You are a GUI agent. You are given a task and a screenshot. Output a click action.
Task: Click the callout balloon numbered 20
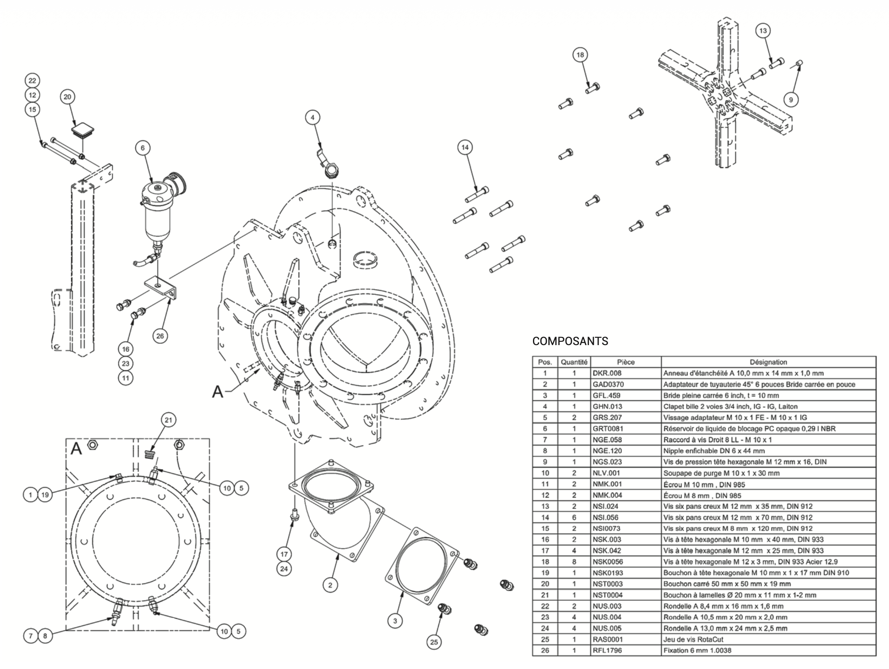tap(68, 97)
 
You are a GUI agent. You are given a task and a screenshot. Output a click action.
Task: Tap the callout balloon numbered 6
tap(143, 148)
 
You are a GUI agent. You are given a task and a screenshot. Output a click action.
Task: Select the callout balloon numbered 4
tap(313, 117)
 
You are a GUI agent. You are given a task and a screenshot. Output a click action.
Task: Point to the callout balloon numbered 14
tap(465, 147)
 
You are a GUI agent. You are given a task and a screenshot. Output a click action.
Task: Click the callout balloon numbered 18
tap(580, 55)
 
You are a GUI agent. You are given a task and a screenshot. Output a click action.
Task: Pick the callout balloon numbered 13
tap(763, 31)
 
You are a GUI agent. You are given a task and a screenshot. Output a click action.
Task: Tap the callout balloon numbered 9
tap(791, 99)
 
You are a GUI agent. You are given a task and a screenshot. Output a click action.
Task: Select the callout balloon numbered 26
tap(160, 336)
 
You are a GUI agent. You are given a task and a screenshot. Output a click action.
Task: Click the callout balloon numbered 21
tap(168, 420)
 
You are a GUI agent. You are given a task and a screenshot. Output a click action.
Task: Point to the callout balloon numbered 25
tap(434, 642)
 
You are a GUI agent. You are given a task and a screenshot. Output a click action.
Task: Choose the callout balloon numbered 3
tap(395, 621)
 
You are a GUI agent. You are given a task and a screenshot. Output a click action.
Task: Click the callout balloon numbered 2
tap(330, 585)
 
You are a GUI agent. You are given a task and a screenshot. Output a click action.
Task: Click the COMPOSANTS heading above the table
tap(570, 341)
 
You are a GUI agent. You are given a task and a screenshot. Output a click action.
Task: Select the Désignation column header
tap(768, 362)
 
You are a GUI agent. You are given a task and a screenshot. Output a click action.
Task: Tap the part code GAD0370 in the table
tap(608, 384)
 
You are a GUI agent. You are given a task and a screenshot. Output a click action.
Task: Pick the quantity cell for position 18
tap(574, 562)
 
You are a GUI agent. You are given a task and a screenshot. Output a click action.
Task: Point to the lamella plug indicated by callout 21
tap(151, 454)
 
